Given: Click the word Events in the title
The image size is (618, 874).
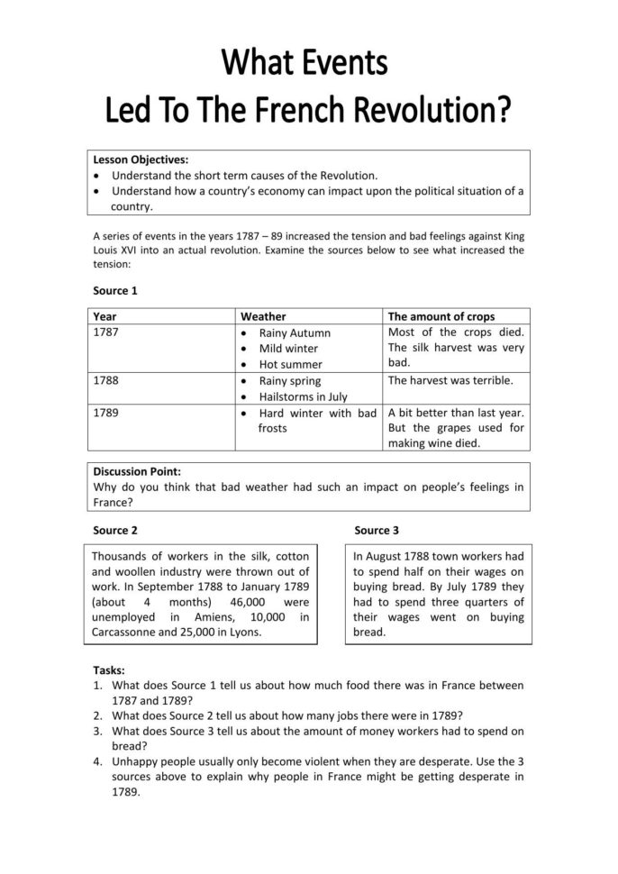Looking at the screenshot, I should [340, 64].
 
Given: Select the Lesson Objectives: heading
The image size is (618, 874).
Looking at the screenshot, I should [141, 159].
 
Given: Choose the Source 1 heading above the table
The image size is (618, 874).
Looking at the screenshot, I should [115, 291].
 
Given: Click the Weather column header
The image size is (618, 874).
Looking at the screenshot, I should [263, 316].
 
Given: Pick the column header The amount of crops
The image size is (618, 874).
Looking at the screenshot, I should [441, 316].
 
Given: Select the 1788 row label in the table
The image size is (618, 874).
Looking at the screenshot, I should [106, 380].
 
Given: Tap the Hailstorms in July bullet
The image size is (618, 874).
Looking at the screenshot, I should [304, 396].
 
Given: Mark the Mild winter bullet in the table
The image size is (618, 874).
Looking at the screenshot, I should [288, 349].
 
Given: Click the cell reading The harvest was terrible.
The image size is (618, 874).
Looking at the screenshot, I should [450, 380].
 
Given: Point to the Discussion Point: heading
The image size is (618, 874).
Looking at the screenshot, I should [137, 471].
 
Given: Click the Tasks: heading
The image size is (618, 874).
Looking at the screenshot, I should [110, 670].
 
